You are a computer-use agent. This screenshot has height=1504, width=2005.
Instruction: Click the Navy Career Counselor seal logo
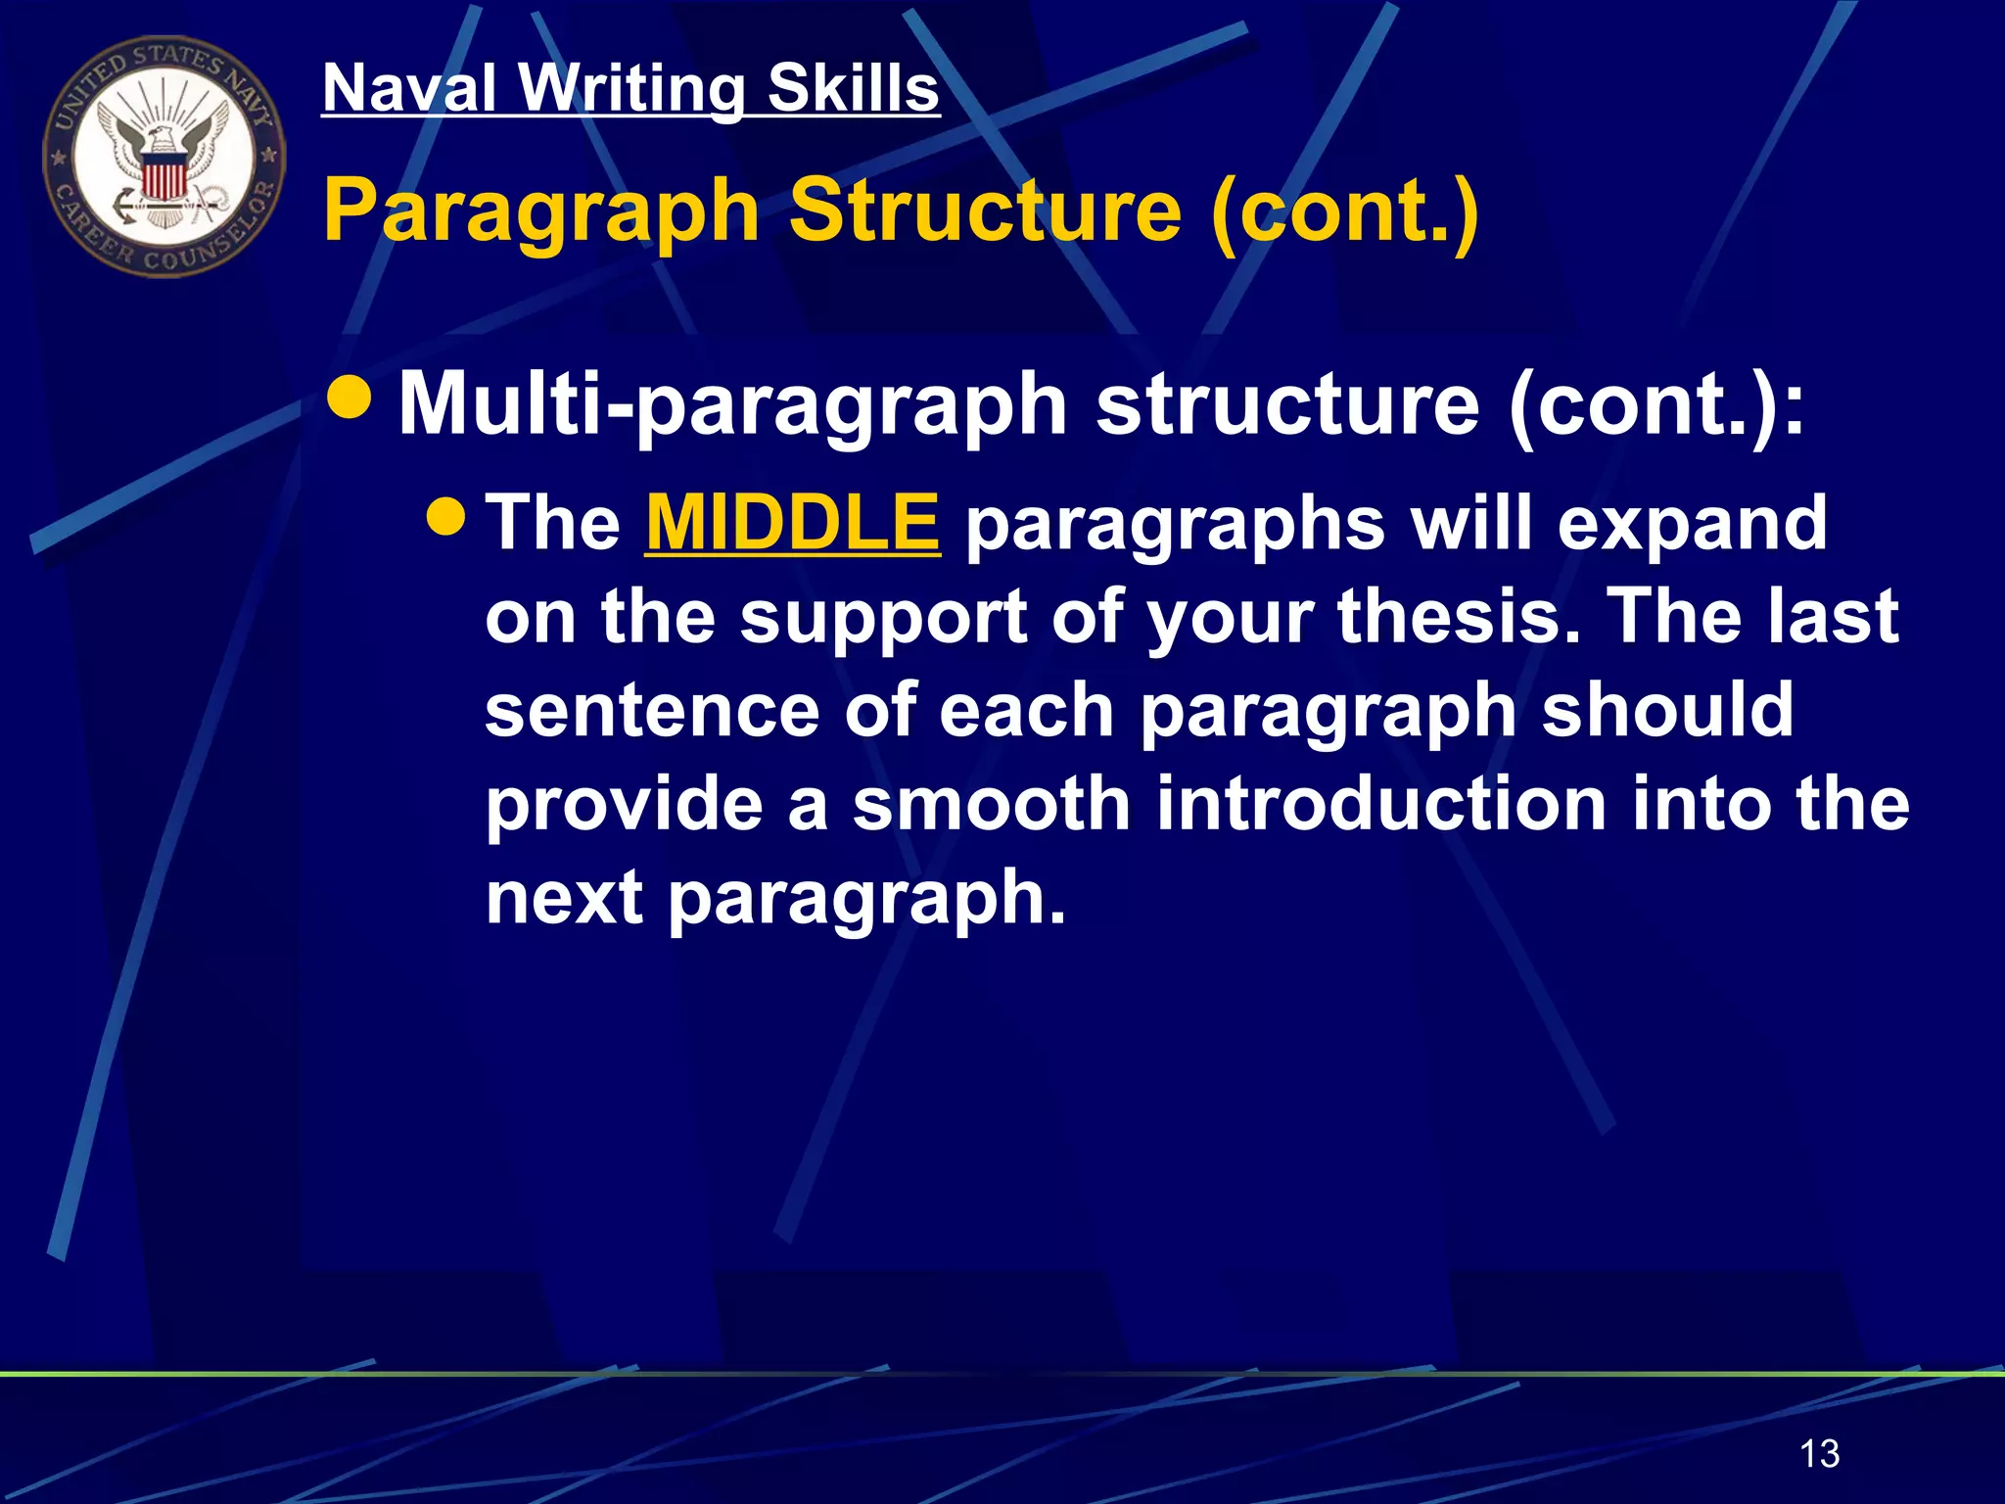coord(164,157)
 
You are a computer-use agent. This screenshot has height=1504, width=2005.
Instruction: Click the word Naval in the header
coord(410,88)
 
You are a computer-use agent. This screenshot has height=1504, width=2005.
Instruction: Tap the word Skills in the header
coord(854,88)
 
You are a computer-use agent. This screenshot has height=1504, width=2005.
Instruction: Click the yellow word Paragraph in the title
coord(541,211)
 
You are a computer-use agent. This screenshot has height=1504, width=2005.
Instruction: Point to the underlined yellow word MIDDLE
coord(792,522)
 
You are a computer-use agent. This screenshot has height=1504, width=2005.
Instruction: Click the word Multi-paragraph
coord(732,405)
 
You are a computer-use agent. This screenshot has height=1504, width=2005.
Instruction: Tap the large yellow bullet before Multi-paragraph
coord(350,397)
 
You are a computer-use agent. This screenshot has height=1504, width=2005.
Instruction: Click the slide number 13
coord(1819,1453)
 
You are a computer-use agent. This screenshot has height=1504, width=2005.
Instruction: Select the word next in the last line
coord(565,897)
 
